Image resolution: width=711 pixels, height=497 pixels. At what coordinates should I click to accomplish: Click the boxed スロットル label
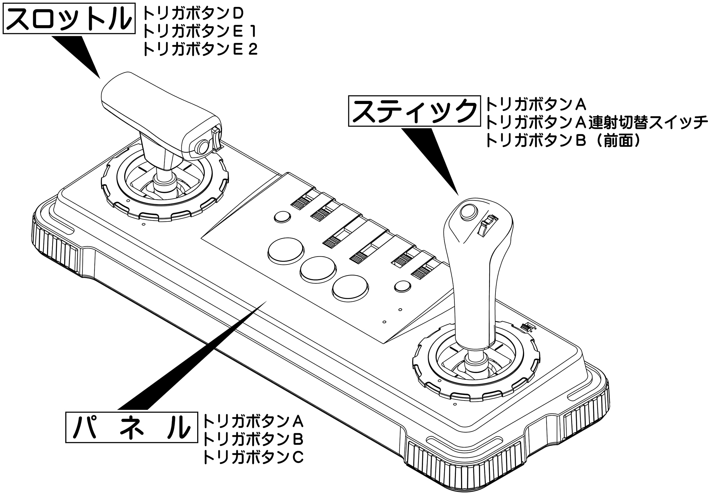(69, 18)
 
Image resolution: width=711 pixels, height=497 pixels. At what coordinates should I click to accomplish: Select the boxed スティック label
(414, 111)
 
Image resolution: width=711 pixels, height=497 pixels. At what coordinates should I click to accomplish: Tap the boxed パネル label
(131, 427)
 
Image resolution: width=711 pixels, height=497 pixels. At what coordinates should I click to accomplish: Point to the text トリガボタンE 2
(200, 49)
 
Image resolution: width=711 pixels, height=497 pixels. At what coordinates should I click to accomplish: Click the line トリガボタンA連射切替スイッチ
(596, 122)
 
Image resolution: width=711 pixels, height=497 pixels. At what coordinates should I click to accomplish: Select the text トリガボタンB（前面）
(562, 140)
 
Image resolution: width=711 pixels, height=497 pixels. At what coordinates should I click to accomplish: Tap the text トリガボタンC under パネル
(253, 457)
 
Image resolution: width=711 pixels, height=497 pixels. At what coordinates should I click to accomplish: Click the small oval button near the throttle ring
(282, 217)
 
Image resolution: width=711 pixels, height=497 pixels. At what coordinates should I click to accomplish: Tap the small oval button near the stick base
(402, 286)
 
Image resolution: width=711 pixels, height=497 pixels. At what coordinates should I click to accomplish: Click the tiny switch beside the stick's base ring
(526, 327)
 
